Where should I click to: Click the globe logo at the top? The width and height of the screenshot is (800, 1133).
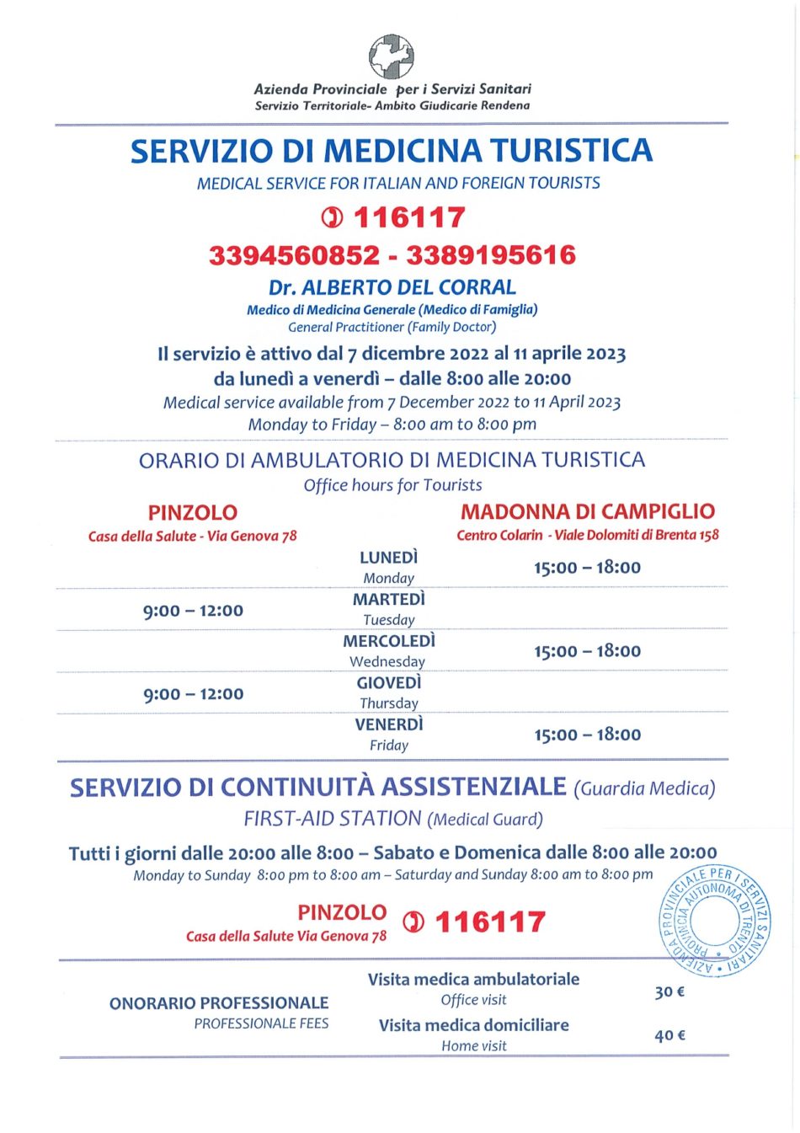pos(392,56)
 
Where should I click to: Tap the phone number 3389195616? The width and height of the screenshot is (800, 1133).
pos(491,255)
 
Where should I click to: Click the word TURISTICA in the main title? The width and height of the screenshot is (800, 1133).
pos(572,151)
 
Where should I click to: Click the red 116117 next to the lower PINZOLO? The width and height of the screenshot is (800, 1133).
pos(490,922)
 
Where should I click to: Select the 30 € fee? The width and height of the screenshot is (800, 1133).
pos(669,991)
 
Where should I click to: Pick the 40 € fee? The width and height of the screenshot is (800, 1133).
pos(669,1035)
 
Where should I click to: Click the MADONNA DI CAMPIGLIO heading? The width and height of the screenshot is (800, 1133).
pos(588,511)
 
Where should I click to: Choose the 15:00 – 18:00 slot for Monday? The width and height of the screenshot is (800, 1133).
pos(587,568)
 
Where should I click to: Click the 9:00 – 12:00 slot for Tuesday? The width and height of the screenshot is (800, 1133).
pos(193,611)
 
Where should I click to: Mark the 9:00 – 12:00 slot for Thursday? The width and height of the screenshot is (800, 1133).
pos(193,694)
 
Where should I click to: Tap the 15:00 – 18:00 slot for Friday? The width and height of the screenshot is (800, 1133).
pos(587,735)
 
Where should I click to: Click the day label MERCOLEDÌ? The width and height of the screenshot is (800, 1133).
pos(389,641)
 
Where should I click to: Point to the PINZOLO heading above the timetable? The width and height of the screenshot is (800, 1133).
pos(193,512)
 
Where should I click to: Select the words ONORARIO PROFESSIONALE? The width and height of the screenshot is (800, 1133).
pos(219,1002)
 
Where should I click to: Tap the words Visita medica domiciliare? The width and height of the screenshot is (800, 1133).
pos(473,1025)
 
